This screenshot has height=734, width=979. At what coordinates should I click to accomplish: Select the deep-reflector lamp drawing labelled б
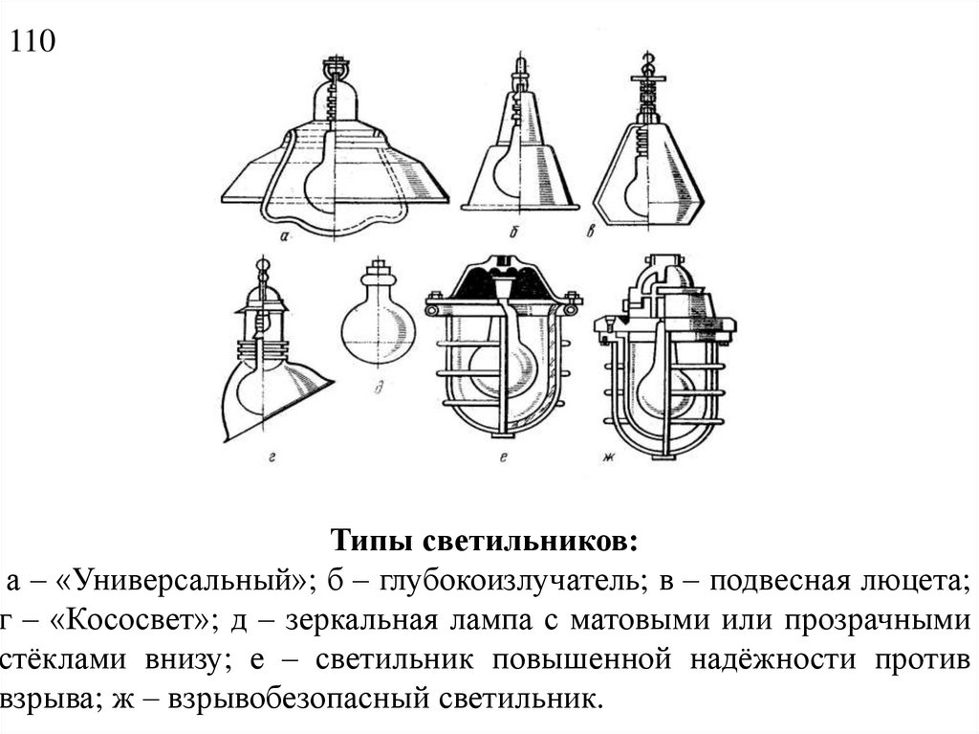pos(519,144)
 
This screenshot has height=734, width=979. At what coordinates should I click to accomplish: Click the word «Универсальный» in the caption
pos(183,581)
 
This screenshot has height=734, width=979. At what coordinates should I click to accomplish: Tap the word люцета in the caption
pos(914,581)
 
